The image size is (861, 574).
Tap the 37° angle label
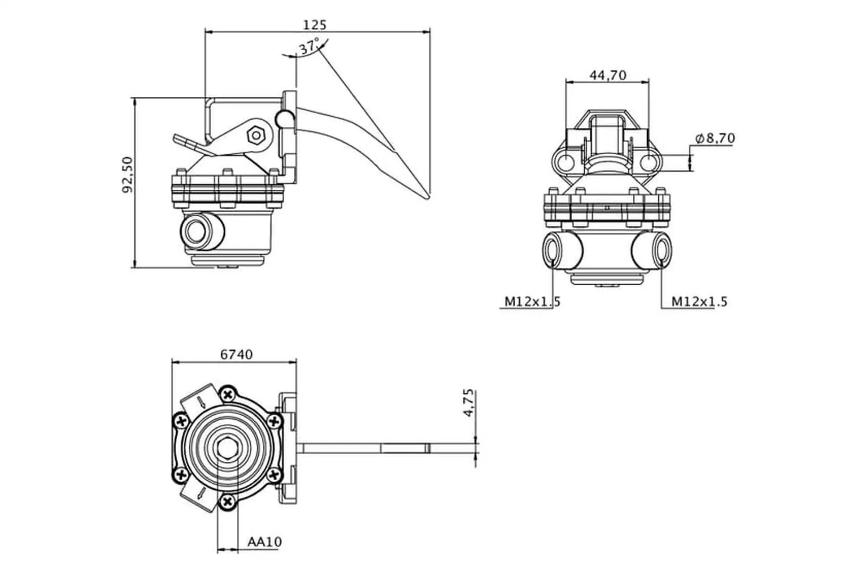point(309,47)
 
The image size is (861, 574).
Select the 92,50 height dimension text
point(128,174)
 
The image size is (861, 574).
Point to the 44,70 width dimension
point(608,75)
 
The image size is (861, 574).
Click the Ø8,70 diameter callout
point(715,138)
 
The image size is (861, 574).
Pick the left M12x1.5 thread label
point(532,301)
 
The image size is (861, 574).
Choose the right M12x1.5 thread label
point(699,301)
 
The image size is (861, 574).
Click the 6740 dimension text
point(236,354)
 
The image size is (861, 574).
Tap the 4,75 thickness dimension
point(468,403)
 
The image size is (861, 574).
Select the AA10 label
point(265,542)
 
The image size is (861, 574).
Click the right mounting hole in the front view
point(648,161)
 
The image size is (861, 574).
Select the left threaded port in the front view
point(552,249)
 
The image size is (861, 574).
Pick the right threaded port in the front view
point(662,249)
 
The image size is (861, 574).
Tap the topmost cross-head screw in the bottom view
point(228,395)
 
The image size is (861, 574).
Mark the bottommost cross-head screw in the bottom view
point(228,501)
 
